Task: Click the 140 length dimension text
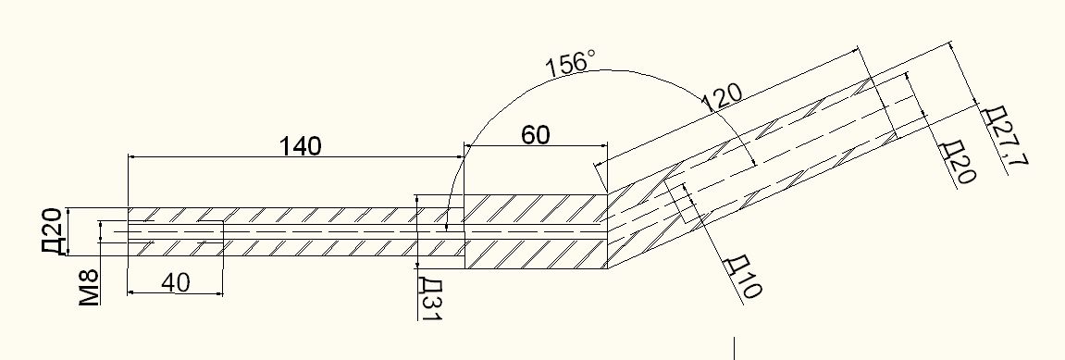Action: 300,145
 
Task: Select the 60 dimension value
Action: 535,135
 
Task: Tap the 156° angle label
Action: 570,63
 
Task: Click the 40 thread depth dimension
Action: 175,282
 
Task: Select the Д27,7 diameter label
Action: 1005,139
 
